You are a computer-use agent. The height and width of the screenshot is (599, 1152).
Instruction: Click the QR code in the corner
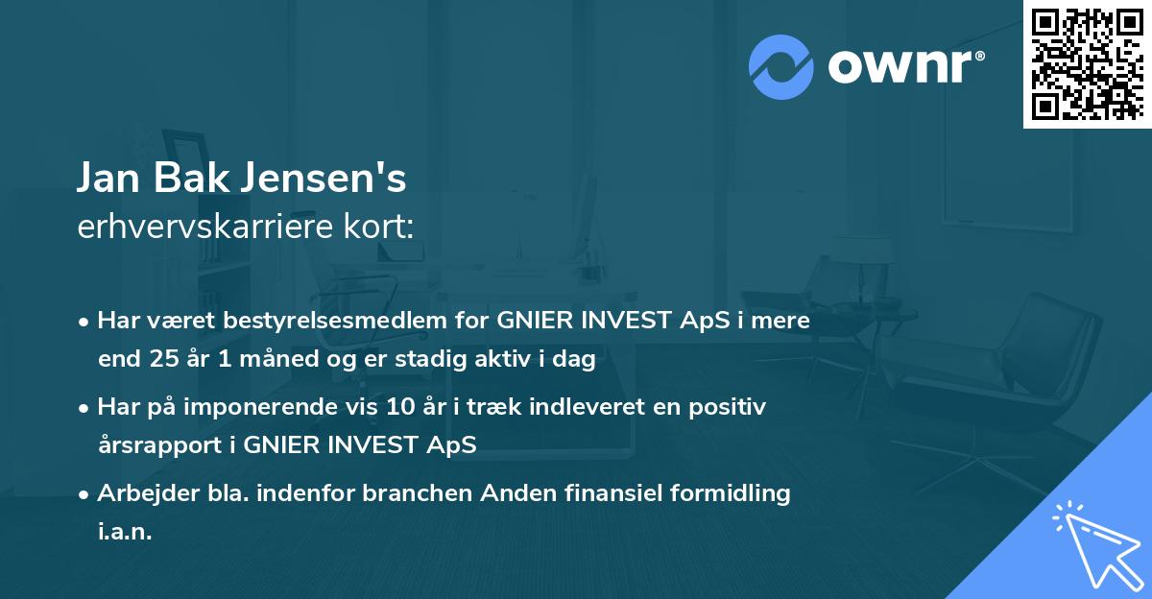[x=1087, y=64]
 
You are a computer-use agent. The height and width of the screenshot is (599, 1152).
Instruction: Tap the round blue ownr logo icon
[x=781, y=67]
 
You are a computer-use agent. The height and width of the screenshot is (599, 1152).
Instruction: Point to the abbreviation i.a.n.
[x=125, y=532]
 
